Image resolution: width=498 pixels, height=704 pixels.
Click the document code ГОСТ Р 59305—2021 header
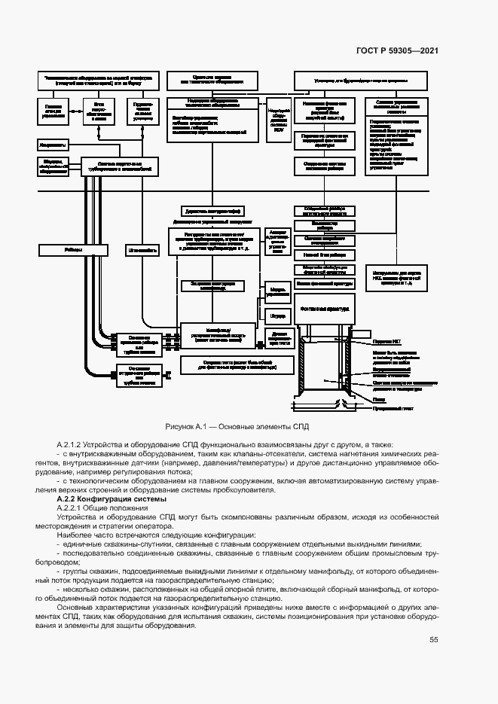click(397, 51)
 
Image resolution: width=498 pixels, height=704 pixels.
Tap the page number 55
click(433, 640)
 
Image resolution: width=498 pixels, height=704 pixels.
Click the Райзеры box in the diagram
click(73, 249)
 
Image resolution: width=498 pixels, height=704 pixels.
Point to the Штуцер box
click(276, 315)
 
